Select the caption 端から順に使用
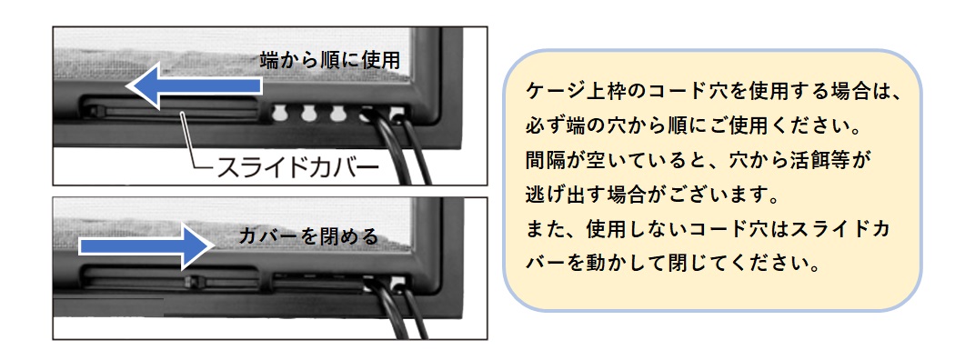click(329, 61)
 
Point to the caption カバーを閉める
click(307, 236)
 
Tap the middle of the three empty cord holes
click(309, 113)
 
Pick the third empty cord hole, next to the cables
click(338, 113)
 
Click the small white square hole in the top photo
click(397, 115)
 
